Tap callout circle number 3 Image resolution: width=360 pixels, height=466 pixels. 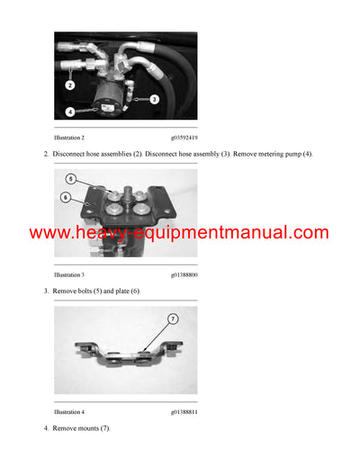pyautogui.click(x=154, y=98)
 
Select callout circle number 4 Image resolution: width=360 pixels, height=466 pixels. pyautogui.click(x=70, y=112)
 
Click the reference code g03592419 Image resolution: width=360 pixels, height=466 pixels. pyautogui.click(x=184, y=138)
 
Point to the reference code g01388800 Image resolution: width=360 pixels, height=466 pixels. pyautogui.click(x=184, y=273)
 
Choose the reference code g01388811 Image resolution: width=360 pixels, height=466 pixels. pyautogui.click(x=184, y=411)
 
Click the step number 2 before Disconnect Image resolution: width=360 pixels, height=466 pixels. pyautogui.click(x=45, y=155)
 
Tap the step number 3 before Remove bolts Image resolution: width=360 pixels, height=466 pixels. pyautogui.click(x=45, y=291)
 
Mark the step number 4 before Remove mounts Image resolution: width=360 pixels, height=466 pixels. pyautogui.click(x=45, y=428)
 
